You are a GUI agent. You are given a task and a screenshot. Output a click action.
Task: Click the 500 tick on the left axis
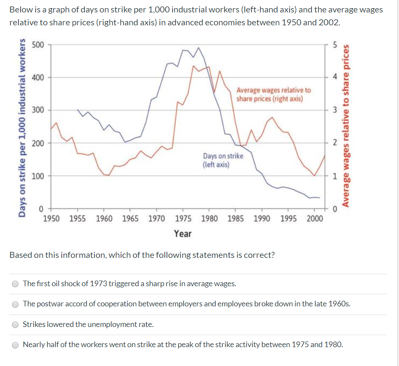38,45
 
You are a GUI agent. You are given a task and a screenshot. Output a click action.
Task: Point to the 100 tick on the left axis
38,175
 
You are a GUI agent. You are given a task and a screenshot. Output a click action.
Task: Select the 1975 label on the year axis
183,219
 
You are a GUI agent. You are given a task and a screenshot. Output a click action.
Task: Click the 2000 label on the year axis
315,219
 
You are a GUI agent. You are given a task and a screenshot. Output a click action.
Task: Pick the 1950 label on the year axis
51,219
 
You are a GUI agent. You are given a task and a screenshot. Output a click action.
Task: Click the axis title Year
183,234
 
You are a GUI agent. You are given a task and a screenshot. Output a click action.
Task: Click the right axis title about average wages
346,127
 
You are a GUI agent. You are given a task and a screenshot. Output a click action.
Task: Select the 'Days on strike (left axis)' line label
223,160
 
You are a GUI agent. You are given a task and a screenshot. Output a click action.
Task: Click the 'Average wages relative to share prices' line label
274,94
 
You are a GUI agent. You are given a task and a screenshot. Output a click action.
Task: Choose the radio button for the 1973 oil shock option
15,284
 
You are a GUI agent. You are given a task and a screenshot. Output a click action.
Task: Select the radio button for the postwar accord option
15,304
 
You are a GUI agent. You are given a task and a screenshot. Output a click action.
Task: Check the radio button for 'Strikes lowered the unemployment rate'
15,324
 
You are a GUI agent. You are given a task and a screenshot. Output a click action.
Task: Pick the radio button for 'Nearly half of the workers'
15,345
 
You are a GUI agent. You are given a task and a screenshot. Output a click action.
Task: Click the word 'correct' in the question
260,255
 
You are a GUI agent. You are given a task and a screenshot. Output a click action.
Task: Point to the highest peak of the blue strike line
199,48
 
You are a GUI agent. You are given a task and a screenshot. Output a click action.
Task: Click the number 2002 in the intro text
329,22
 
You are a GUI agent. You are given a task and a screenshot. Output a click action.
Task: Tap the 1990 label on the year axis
262,219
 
